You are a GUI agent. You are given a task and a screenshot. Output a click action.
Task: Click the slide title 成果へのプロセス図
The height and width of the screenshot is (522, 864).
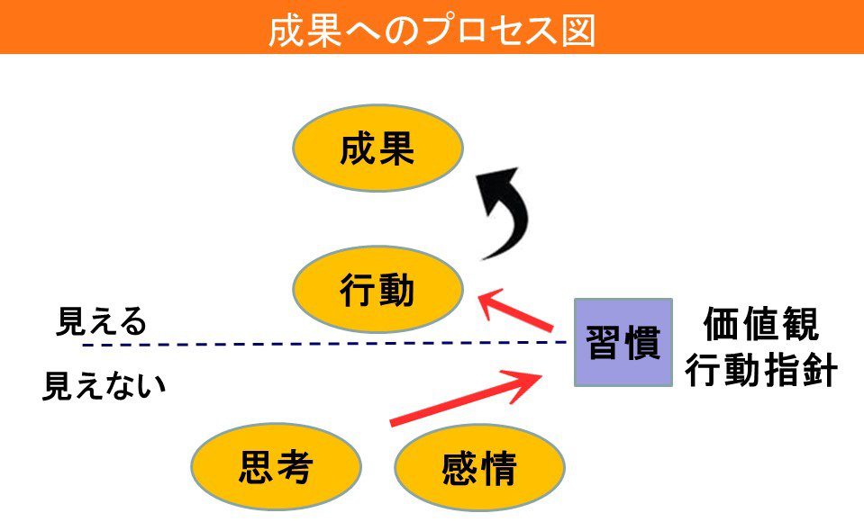[432, 30]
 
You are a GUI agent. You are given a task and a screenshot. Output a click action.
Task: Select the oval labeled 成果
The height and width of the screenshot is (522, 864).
[377, 150]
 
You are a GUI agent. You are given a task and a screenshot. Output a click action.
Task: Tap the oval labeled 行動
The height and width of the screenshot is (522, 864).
[377, 290]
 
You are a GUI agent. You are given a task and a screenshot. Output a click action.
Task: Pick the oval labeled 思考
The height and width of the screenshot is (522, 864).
[276, 467]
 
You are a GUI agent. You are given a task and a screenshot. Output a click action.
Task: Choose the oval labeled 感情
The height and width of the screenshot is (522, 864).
[479, 469]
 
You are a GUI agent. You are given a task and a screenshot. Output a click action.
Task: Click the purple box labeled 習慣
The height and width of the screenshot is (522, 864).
[623, 343]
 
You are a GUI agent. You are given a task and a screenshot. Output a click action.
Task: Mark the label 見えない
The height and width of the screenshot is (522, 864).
[105, 387]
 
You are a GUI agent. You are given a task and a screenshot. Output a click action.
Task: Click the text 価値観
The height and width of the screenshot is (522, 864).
[761, 326]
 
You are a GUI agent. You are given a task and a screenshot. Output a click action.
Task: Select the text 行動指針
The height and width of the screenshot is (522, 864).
[761, 370]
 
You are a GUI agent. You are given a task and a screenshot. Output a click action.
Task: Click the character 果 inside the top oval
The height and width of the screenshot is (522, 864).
[396, 150]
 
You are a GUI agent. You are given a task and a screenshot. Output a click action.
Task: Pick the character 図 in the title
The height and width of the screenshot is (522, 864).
[578, 30]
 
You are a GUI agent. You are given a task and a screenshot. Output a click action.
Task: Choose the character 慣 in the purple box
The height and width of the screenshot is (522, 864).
[642, 343]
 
